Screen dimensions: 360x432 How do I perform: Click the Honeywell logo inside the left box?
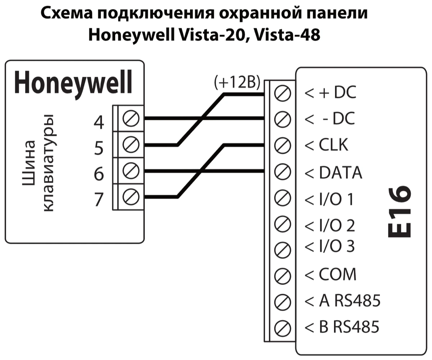[73, 82]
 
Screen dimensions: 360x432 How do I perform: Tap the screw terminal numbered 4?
[131, 119]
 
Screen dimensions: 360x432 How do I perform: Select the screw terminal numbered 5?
[131, 145]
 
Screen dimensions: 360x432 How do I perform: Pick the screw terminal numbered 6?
[131, 171]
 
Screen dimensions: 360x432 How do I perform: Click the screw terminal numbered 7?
[131, 197]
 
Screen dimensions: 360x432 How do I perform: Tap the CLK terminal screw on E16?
[282, 145]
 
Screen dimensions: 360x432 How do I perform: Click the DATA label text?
[340, 173]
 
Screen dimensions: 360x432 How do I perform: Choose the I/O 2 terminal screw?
[282, 225]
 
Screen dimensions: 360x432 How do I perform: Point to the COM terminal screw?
[282, 275]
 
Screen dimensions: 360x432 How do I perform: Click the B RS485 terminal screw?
[282, 327]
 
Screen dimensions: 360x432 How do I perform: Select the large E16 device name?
[400, 212]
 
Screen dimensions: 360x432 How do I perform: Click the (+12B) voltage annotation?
[237, 83]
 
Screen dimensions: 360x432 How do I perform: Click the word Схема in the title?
[66, 14]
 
